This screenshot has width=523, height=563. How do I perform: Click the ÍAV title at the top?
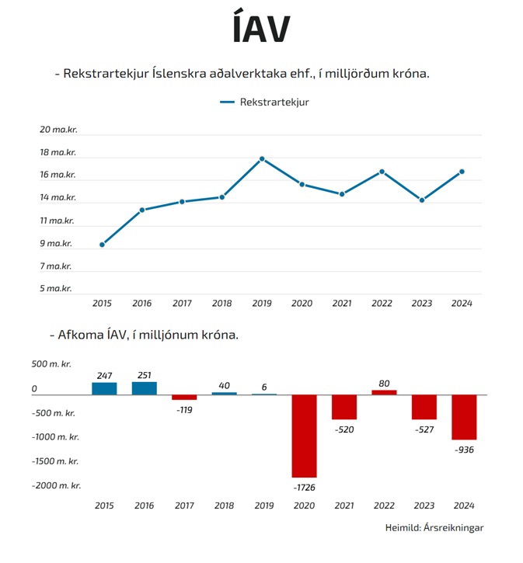coord(261,30)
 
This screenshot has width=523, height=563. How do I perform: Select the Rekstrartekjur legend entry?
coord(264,102)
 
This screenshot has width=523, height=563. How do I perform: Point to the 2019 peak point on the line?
coord(262,159)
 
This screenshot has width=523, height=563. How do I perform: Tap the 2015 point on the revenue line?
coord(102,245)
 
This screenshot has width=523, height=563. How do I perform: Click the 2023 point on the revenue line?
coord(422,200)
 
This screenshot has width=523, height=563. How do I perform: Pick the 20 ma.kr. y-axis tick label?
coord(58,130)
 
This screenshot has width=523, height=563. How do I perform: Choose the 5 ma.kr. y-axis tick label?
coord(55,288)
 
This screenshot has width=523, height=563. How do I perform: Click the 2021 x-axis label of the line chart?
coord(342,304)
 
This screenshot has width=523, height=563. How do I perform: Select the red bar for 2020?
coord(303,436)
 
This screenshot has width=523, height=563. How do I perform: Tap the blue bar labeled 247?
coord(104,388)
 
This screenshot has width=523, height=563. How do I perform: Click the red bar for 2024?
coord(464,417)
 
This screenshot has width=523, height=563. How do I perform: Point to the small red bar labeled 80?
coord(384,392)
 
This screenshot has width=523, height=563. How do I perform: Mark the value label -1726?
coord(303,487)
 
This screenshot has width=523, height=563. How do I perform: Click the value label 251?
coord(144,375)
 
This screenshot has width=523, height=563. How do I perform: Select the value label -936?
coord(464,450)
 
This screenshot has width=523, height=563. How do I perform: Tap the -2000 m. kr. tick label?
coord(57,485)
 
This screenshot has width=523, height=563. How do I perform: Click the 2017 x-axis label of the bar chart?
coord(183,506)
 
